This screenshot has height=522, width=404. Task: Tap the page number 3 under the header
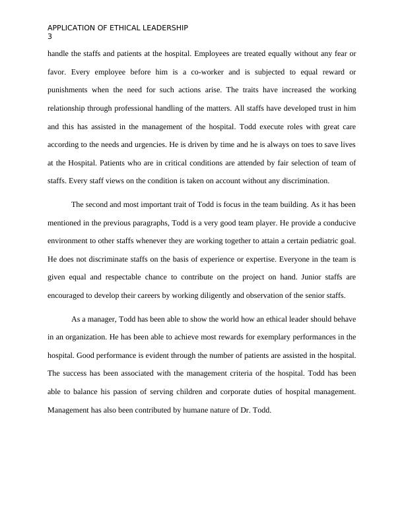coord(50,36)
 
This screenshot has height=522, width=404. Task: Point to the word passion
coord(146,391)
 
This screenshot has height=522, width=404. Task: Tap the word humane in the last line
coord(201,409)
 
